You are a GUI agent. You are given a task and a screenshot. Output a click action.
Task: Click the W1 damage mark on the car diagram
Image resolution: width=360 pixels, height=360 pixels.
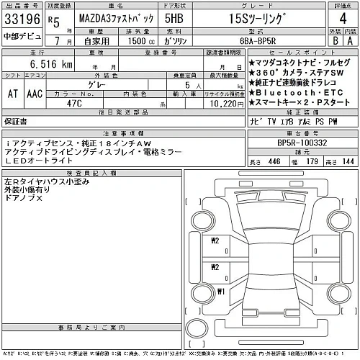(x=222, y=292)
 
